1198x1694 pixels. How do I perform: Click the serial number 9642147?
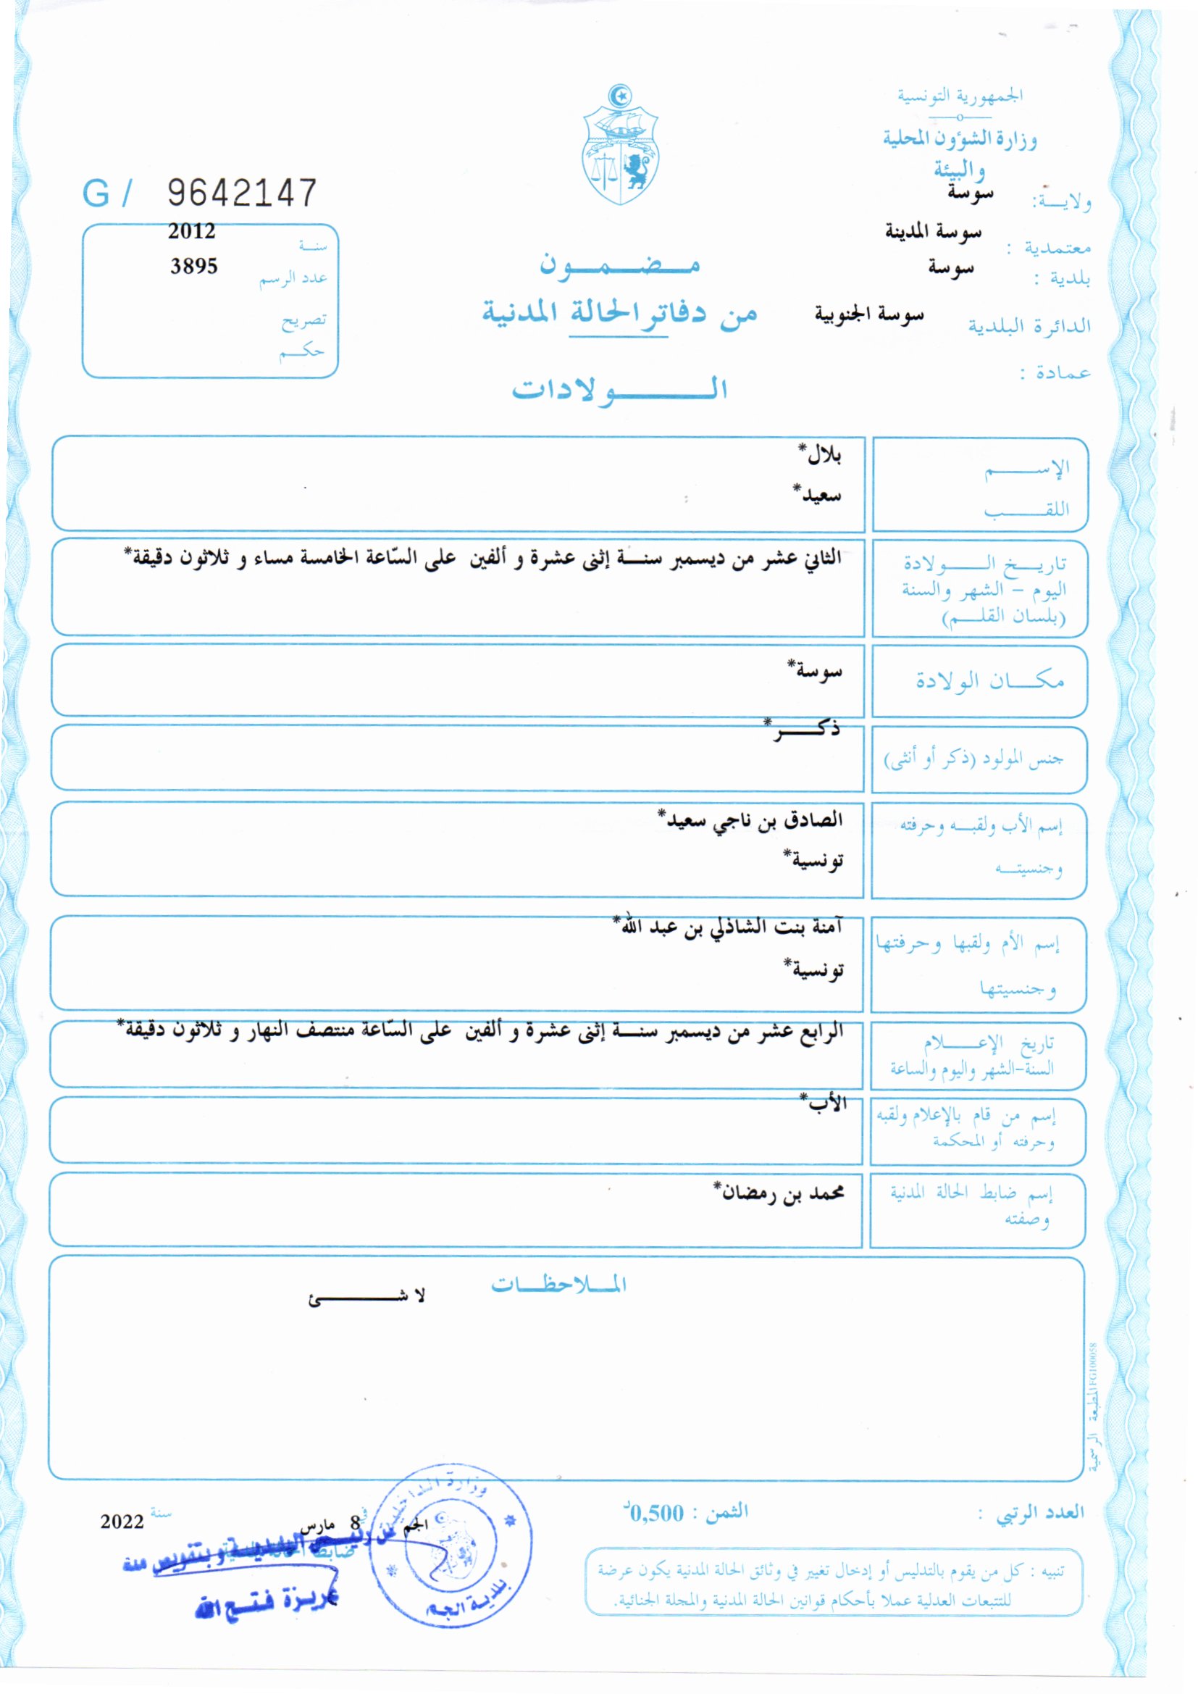[x=242, y=193]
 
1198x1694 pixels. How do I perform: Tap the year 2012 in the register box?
[x=192, y=232]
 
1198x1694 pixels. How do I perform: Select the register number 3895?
[x=194, y=267]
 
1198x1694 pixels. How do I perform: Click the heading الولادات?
[x=620, y=389]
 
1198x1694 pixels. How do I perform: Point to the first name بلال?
[x=823, y=455]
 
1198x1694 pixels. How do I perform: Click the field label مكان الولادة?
[x=990, y=680]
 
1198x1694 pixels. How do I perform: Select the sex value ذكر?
[x=804, y=730]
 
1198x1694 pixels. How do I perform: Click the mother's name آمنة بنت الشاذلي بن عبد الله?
[x=731, y=927]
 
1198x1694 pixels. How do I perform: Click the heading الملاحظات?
[x=559, y=1285]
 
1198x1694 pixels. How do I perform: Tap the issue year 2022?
[x=122, y=1522]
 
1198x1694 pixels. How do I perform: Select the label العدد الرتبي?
[x=1040, y=1513]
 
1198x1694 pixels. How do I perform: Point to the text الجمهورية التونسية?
[x=960, y=96]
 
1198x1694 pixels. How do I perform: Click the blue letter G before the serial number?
[x=96, y=194]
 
